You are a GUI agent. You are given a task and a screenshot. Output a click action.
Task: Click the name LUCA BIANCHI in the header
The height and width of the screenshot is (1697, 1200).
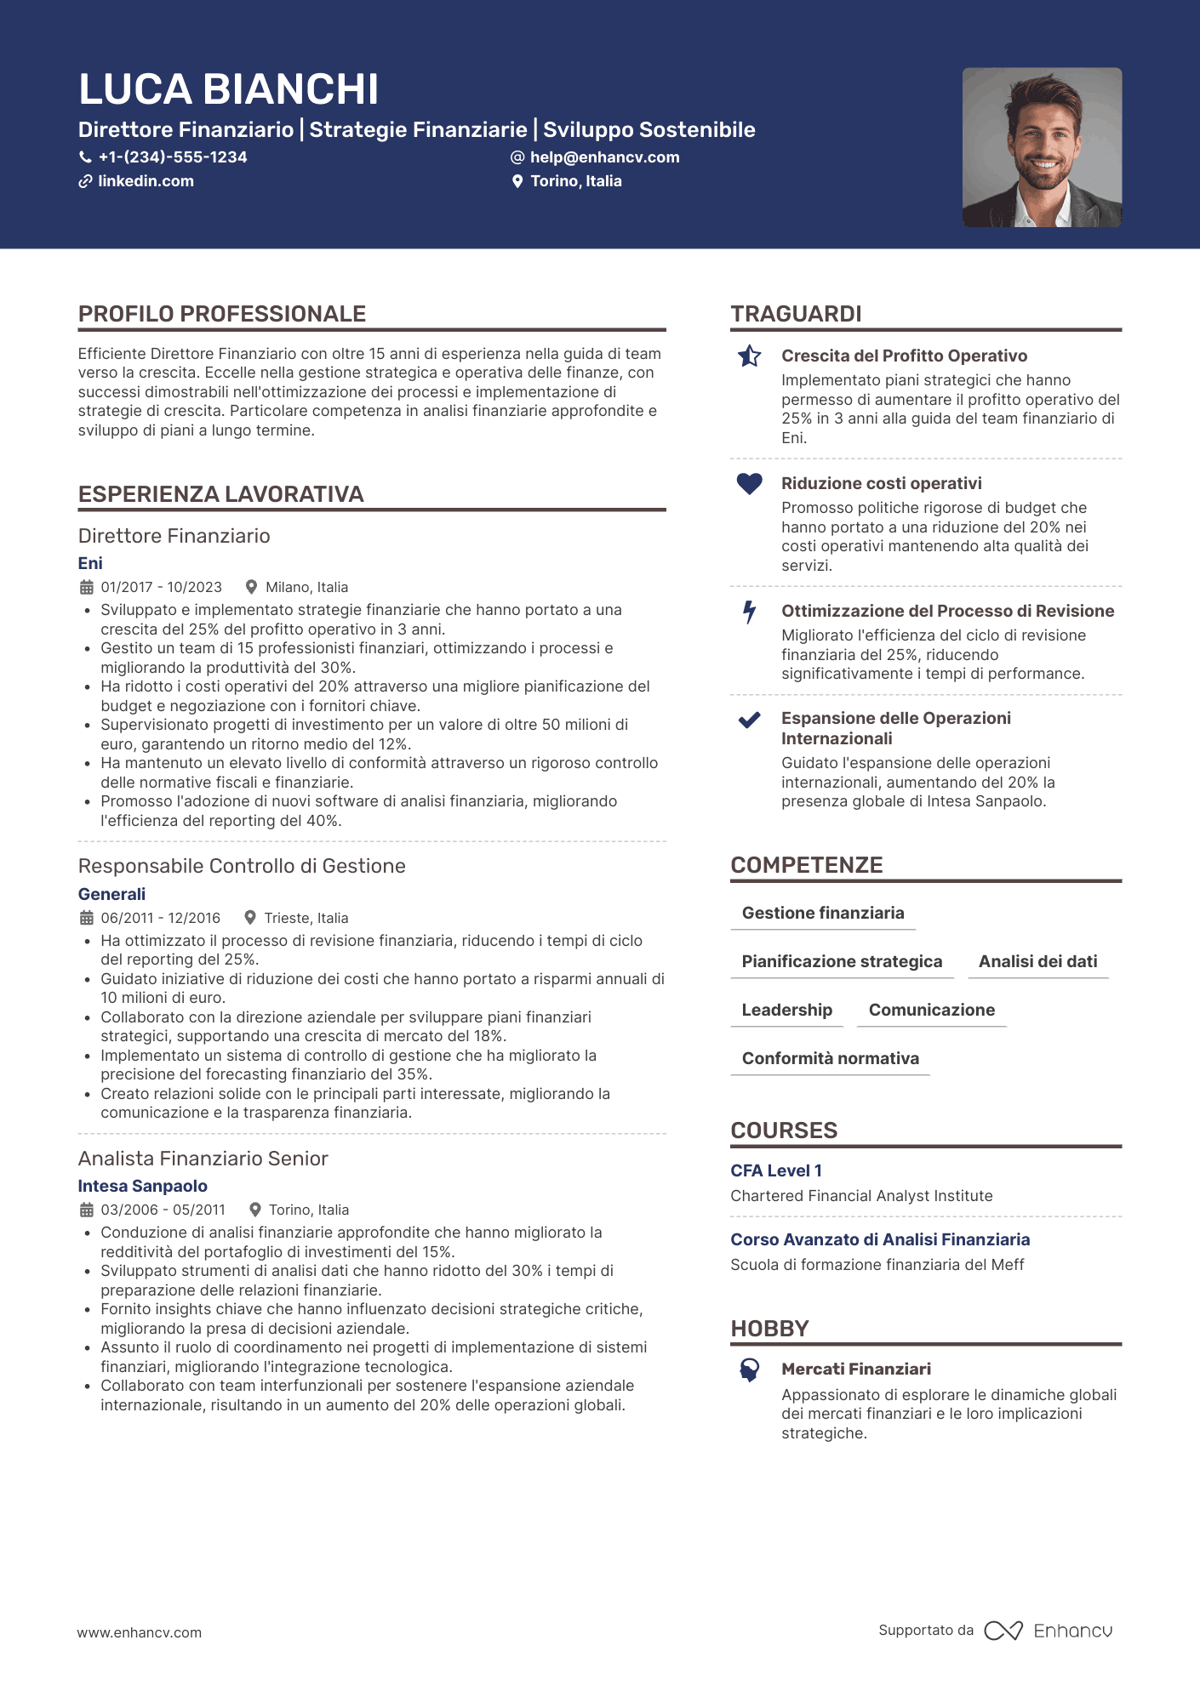[228, 89]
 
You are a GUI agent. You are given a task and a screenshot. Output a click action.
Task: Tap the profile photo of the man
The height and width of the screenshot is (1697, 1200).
[1042, 147]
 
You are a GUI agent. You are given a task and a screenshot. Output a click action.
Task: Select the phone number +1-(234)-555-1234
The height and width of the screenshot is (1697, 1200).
[172, 157]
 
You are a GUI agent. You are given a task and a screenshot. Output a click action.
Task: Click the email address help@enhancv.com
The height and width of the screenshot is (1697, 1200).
[604, 157]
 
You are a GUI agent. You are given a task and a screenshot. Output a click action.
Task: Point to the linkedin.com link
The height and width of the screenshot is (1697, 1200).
[146, 181]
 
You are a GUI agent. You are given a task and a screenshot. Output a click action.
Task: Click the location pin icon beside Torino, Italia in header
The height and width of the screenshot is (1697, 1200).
[517, 181]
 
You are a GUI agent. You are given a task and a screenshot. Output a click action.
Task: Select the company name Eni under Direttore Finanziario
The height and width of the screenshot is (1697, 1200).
[90, 563]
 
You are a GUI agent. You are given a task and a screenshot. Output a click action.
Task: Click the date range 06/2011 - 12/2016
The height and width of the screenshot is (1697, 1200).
[160, 918]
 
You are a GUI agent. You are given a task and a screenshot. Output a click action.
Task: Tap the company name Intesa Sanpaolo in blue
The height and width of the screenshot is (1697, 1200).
[142, 1186]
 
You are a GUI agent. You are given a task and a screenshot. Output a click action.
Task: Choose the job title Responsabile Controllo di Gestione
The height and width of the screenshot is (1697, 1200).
[242, 866]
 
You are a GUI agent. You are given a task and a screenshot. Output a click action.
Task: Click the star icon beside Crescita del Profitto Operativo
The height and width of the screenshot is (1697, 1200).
[749, 356]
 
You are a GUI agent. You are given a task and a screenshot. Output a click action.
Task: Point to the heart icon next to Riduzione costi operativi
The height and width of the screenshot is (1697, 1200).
[749, 483]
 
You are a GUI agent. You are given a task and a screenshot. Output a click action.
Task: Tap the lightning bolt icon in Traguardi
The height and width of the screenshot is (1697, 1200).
[749, 612]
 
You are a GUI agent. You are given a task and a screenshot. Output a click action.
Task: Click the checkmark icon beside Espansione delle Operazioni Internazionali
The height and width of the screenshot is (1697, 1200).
[749, 720]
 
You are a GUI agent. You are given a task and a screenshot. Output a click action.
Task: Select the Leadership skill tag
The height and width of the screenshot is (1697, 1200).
[786, 1010]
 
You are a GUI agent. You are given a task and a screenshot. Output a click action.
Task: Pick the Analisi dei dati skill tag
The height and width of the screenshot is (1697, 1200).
[1037, 961]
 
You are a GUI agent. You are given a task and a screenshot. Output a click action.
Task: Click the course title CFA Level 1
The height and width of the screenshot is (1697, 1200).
[776, 1170]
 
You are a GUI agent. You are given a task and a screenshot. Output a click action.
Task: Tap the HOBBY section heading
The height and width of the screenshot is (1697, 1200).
[769, 1329]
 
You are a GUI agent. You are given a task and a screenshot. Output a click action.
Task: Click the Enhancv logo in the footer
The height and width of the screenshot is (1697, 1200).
[1049, 1631]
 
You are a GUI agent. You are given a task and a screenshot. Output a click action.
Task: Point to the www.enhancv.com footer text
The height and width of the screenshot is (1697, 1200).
[140, 1632]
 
